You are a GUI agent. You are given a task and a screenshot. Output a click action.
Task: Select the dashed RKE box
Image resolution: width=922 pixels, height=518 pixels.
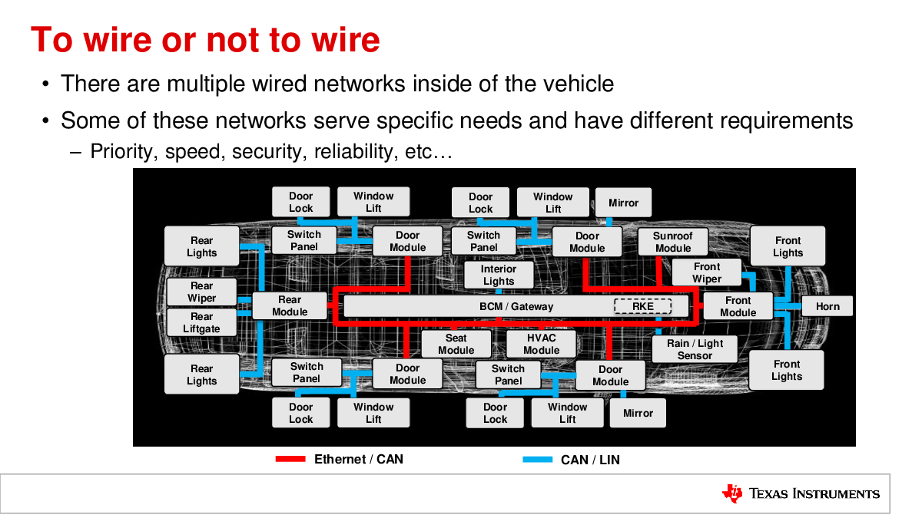(x=642, y=306)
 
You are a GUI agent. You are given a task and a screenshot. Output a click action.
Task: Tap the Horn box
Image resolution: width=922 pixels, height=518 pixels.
(x=827, y=306)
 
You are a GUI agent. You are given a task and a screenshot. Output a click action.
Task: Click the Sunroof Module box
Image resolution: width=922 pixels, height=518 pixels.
(x=673, y=243)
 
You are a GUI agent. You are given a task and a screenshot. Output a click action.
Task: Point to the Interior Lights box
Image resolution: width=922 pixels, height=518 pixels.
(x=499, y=275)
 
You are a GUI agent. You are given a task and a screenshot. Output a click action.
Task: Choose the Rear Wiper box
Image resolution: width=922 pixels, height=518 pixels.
(x=201, y=292)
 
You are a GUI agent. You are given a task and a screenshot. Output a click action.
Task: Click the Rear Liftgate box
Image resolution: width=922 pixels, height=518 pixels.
(x=201, y=323)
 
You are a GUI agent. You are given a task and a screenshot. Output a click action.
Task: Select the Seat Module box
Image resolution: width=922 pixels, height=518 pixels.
(x=456, y=344)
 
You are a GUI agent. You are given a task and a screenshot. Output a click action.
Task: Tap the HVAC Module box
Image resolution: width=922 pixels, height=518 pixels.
(x=541, y=344)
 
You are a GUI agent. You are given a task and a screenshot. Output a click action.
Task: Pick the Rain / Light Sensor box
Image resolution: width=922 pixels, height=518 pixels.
(x=695, y=349)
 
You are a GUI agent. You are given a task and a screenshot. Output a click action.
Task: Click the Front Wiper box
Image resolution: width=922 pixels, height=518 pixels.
(x=707, y=272)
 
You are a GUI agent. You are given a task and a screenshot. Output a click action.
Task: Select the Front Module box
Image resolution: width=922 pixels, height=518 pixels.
(x=738, y=306)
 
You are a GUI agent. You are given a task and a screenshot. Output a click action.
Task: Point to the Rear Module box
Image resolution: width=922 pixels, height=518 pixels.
(x=290, y=306)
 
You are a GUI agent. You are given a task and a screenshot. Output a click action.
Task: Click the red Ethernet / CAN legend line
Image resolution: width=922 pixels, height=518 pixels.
(x=290, y=459)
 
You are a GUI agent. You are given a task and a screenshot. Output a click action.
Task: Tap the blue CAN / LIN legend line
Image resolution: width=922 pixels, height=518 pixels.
(x=538, y=459)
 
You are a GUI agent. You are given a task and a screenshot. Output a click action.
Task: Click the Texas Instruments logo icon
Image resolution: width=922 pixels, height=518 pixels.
(x=732, y=493)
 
